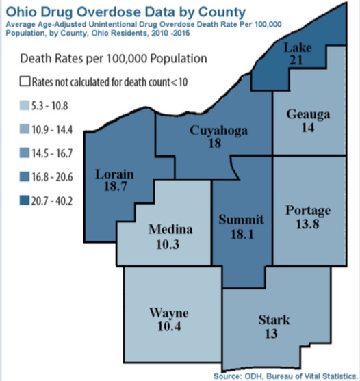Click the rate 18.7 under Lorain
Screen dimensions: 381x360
pyautogui.click(x=114, y=186)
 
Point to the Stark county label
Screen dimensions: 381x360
pyautogui.click(x=274, y=319)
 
